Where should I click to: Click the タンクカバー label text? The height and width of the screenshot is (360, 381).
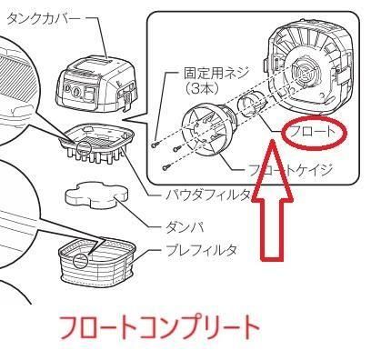click(44, 19)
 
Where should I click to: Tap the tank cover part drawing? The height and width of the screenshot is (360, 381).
click(96, 86)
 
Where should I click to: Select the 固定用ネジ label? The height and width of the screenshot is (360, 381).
click(216, 73)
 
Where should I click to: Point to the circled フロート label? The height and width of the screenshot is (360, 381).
click(313, 132)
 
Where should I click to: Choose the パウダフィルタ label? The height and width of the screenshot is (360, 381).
click(207, 195)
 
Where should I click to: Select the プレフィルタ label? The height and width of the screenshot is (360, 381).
click(201, 250)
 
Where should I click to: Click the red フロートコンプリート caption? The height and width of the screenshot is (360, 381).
click(158, 328)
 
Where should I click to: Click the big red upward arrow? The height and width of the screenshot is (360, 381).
click(273, 200)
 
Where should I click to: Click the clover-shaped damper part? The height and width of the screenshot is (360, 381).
click(96, 195)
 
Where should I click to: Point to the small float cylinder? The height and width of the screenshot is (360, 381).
click(250, 106)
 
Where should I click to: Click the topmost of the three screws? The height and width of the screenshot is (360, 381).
click(155, 145)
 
